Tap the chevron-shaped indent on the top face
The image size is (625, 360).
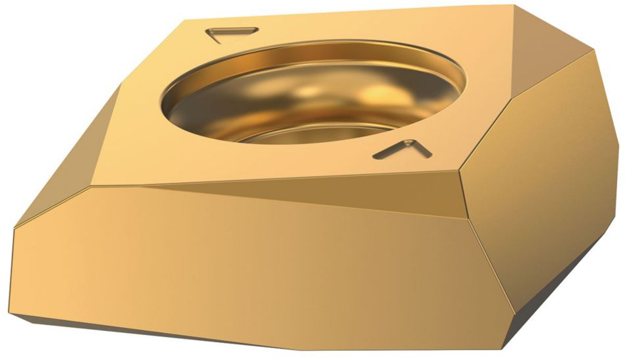point(402,149)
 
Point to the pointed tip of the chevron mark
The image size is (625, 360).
point(411,140)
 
